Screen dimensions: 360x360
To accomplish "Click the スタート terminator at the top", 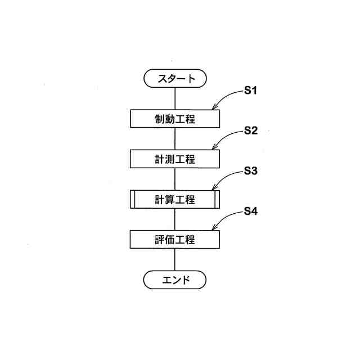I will coord(175,79).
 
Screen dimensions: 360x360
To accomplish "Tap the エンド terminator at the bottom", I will coord(175,279).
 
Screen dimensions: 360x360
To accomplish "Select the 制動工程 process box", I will coord(175,119).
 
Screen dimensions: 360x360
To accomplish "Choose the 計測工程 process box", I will coord(175,159).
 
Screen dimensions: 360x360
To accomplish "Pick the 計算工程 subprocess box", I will coord(175,199).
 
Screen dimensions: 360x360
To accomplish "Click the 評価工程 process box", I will coord(175,240).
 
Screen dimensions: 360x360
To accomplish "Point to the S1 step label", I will coord(250,91).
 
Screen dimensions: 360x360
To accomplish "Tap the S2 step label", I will coord(250,131).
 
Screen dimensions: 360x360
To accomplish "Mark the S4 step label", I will coord(250,212).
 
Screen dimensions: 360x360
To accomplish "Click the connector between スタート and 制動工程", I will coord(175,98).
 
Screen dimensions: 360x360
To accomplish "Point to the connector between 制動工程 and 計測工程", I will coord(175,138).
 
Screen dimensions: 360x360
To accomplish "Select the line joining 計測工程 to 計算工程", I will coord(175,179).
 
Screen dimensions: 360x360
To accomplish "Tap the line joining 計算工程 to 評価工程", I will coord(175,219).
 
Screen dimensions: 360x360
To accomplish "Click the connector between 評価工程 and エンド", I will coord(175,259).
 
